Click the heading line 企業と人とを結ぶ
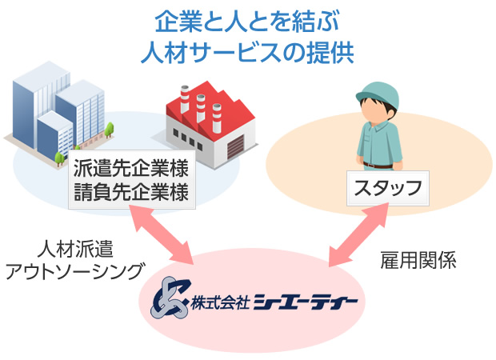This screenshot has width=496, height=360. click(247, 22)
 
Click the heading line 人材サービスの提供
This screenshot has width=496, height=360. click(247, 52)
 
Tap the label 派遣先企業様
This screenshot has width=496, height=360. click(131, 168)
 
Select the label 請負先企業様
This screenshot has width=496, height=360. click(131, 192)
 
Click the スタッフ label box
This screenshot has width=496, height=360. click(388, 188)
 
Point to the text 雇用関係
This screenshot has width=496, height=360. click(418, 260)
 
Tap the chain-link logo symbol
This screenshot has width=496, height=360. click(170, 298)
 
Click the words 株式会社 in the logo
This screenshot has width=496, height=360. click(220, 302)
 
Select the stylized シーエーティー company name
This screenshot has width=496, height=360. click(306, 302)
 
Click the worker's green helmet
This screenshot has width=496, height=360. click(378, 94)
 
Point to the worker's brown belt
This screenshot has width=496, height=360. click(378, 166)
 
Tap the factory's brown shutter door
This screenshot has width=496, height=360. click(235, 146)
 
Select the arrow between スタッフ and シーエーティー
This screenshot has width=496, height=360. click(358, 234)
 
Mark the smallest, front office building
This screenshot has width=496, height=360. click(55, 134)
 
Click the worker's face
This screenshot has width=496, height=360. click(375, 111)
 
